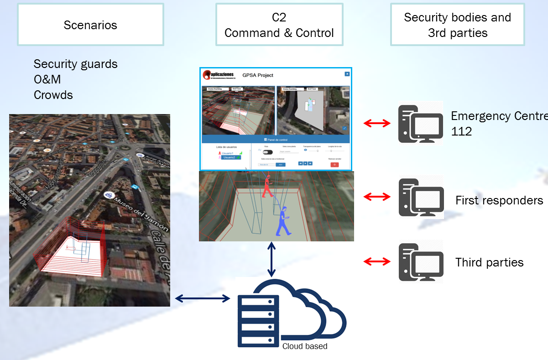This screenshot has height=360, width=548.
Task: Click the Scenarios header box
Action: click(x=90, y=25)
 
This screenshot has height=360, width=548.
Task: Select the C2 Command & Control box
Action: click(x=279, y=25)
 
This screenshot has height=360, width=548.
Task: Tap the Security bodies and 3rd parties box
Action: click(x=457, y=25)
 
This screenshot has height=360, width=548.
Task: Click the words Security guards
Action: click(x=75, y=64)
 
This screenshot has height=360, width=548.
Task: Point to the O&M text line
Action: click(x=47, y=79)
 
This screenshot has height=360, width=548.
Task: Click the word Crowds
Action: click(x=53, y=95)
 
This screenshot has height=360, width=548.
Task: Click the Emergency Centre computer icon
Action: click(x=420, y=123)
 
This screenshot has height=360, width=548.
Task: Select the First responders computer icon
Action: click(x=421, y=197)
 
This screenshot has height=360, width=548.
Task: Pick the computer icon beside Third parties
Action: click(x=421, y=262)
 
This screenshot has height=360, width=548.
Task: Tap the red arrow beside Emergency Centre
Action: click(x=377, y=123)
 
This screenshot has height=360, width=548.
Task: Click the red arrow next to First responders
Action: click(x=377, y=197)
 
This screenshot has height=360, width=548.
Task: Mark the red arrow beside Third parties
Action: click(x=377, y=261)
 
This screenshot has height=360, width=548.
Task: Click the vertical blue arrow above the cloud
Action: click(x=271, y=260)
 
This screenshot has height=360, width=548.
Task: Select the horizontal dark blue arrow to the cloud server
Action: click(x=203, y=298)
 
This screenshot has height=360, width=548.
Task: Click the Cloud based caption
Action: click(x=304, y=346)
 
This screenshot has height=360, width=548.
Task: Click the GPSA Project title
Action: click(x=258, y=75)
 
